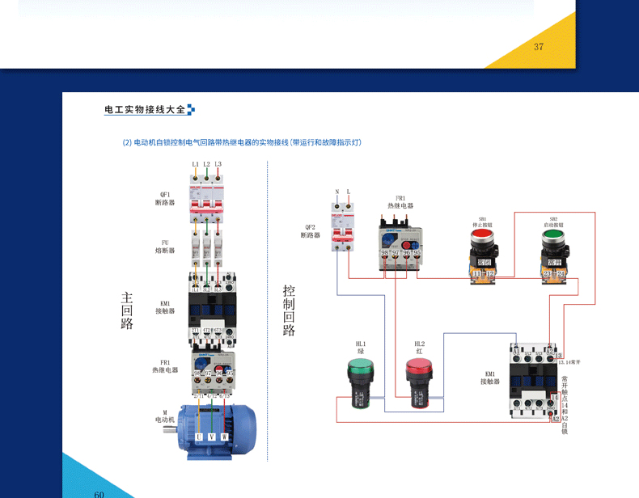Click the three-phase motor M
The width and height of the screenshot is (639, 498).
click(214, 428)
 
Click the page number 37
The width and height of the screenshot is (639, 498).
click(539, 46)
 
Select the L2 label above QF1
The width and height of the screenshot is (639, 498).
click(206, 164)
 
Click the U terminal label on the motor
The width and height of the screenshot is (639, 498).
click(199, 437)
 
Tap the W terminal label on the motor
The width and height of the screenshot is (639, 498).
click(225, 437)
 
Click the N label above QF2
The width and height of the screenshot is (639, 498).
click(337, 192)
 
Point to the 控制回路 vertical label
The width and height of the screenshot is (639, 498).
click(289, 310)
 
